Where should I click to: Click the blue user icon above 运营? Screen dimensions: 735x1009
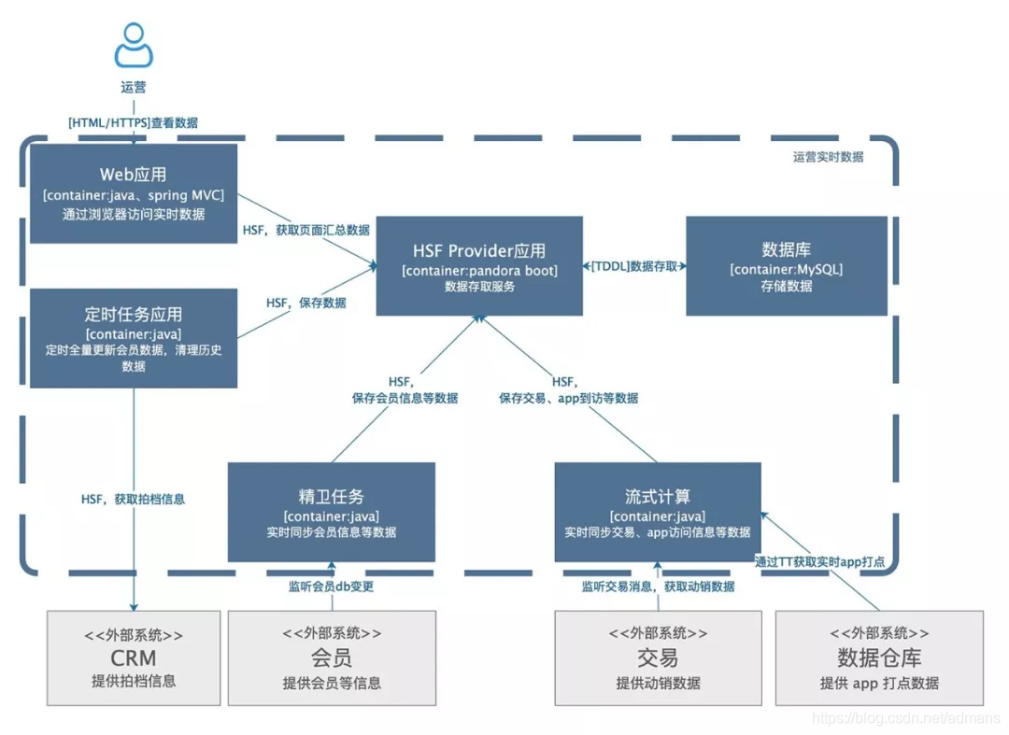tap(134, 44)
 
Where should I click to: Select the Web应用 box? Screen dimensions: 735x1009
tap(134, 193)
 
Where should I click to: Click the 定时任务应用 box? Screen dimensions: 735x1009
tap(134, 338)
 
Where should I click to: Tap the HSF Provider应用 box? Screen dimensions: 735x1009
tap(479, 266)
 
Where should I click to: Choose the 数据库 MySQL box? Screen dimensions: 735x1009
tap(786, 266)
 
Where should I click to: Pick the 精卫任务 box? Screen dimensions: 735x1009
tap(332, 512)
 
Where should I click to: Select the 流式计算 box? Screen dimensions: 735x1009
tap(658, 512)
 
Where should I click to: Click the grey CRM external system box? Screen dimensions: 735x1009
tap(134, 657)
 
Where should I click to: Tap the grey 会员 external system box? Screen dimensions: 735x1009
tap(332, 657)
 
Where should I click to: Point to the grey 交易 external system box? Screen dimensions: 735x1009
tap(658, 657)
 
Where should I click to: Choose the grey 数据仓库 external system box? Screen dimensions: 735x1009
tap(879, 657)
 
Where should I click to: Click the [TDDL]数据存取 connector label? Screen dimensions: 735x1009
tap(634, 266)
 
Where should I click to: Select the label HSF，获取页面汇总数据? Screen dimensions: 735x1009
tap(306, 230)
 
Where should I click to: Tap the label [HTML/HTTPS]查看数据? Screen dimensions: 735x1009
tap(133, 122)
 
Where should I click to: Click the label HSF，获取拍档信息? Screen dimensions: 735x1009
tap(133, 499)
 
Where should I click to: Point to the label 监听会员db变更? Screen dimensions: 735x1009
tap(332, 587)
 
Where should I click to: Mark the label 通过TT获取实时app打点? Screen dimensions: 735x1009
tap(819, 561)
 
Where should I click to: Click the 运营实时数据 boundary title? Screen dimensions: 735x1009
tap(828, 157)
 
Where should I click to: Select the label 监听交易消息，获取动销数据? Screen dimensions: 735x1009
tap(658, 587)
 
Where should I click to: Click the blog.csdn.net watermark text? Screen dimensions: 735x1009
tap(903, 717)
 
